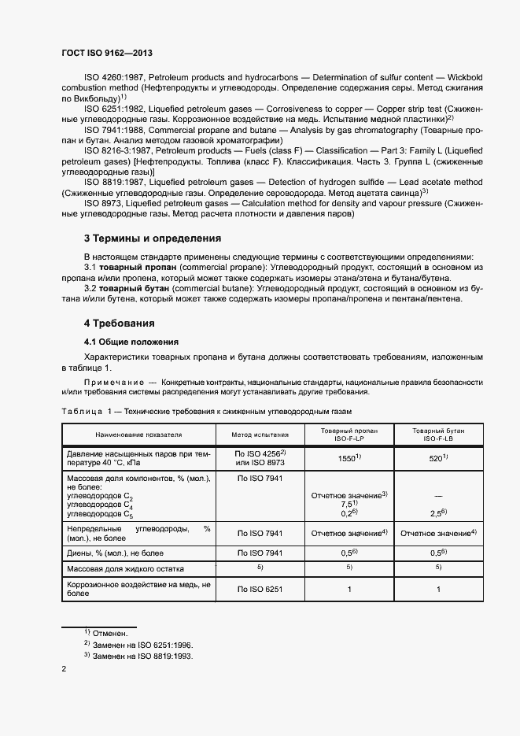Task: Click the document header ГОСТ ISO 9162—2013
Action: tap(106, 53)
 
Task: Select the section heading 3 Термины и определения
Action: tap(152, 238)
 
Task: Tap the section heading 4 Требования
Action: tap(119, 324)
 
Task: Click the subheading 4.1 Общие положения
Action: tap(131, 342)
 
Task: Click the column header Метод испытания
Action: tap(260, 434)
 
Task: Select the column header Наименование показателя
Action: tap(138, 434)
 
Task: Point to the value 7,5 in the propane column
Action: tap(348, 504)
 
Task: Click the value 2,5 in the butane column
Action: tap(437, 514)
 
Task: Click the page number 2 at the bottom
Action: tap(64, 669)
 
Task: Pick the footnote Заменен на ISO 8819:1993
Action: tap(142, 655)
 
